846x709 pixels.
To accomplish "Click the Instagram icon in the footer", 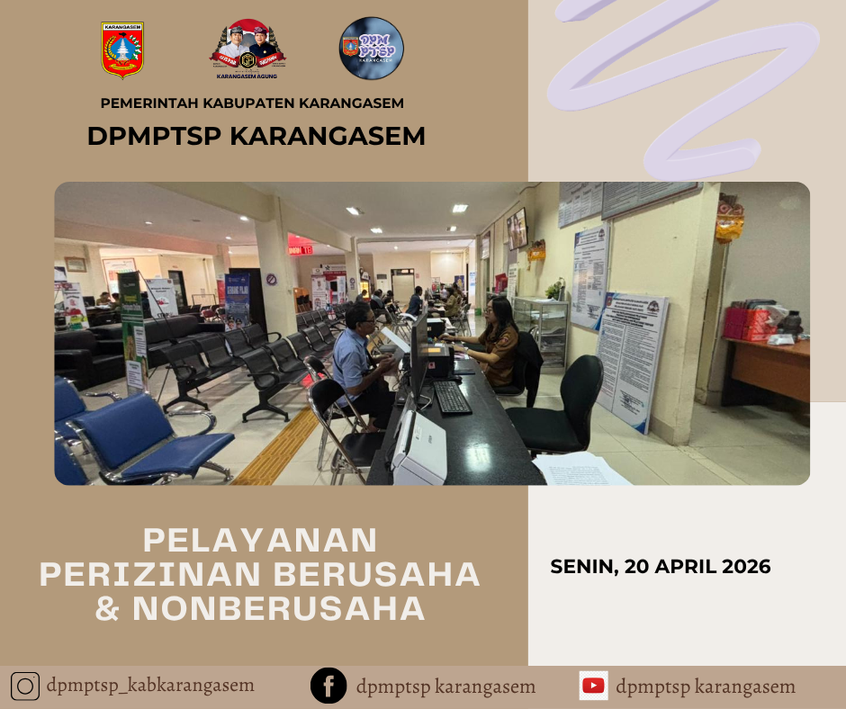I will point(26,687).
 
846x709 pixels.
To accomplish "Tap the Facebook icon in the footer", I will point(328,687).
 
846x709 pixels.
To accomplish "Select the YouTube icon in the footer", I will point(593,686).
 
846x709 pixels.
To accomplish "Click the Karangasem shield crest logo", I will point(123,50).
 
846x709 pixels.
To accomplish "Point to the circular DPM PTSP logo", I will point(372,49).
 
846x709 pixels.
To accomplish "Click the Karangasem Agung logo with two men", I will point(247,50).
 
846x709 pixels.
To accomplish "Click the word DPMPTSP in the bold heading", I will point(154,136).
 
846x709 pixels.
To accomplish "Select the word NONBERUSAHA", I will point(279,609).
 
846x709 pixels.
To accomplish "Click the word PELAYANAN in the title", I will point(260,540).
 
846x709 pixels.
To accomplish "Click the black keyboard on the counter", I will point(451,397).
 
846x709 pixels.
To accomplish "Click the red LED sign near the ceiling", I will point(301,248).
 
